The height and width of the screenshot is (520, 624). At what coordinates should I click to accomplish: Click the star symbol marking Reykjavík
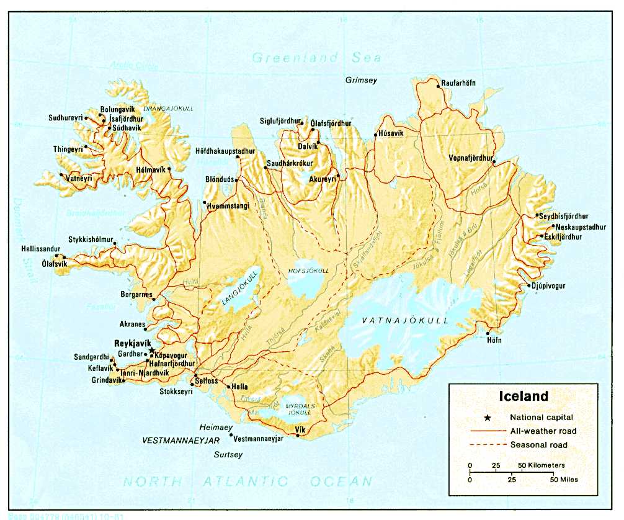click(152, 351)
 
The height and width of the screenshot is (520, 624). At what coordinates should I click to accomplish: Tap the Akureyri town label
click(322, 179)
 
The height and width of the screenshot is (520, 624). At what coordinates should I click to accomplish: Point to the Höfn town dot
click(488, 333)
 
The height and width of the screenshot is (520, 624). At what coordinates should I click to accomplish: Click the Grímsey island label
click(361, 80)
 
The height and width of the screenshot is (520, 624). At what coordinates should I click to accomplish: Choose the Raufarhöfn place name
click(458, 84)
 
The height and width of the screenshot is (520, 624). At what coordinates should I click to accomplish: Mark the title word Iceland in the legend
click(524, 396)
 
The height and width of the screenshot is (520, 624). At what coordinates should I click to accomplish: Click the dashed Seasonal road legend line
click(486, 445)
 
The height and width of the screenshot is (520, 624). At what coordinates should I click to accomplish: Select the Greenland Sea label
click(316, 58)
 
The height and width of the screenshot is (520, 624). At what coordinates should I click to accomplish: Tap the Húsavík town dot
click(375, 135)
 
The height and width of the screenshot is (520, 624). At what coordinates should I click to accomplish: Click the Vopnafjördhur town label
click(471, 158)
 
